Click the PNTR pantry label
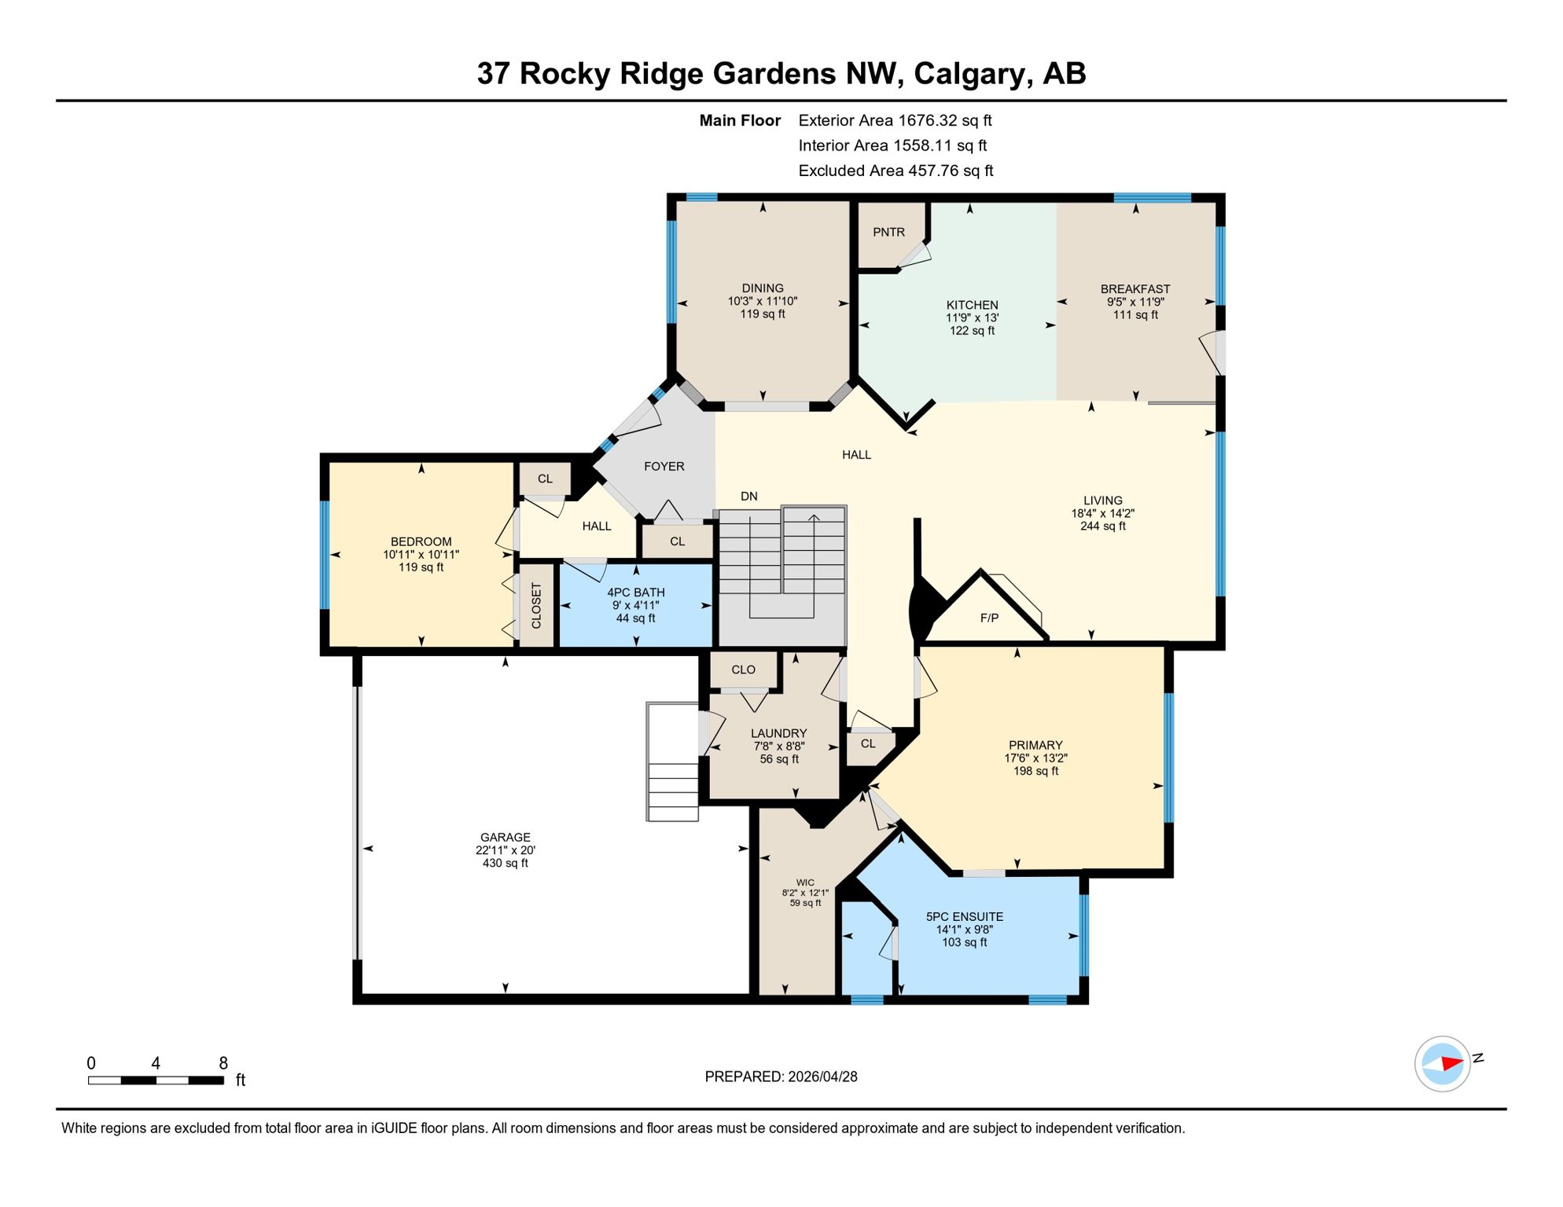pos(888,233)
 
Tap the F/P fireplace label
pos(989,618)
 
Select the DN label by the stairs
pos(748,497)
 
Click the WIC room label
pos(805,882)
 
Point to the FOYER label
pos(664,467)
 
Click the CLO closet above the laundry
pos(743,670)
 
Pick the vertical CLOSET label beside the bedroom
pos(537,606)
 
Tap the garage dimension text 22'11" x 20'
pos(505,850)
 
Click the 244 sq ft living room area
pos(1102,526)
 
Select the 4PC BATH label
pos(635,592)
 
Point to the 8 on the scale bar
pos(223,1063)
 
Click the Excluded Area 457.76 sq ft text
pos(895,171)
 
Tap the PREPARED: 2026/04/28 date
pos(781,1077)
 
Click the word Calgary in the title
pos(972,73)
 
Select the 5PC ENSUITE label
pos(964,917)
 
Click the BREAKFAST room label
pos(1135,289)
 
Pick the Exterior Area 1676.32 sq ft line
pos(894,120)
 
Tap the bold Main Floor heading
pos(739,120)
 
